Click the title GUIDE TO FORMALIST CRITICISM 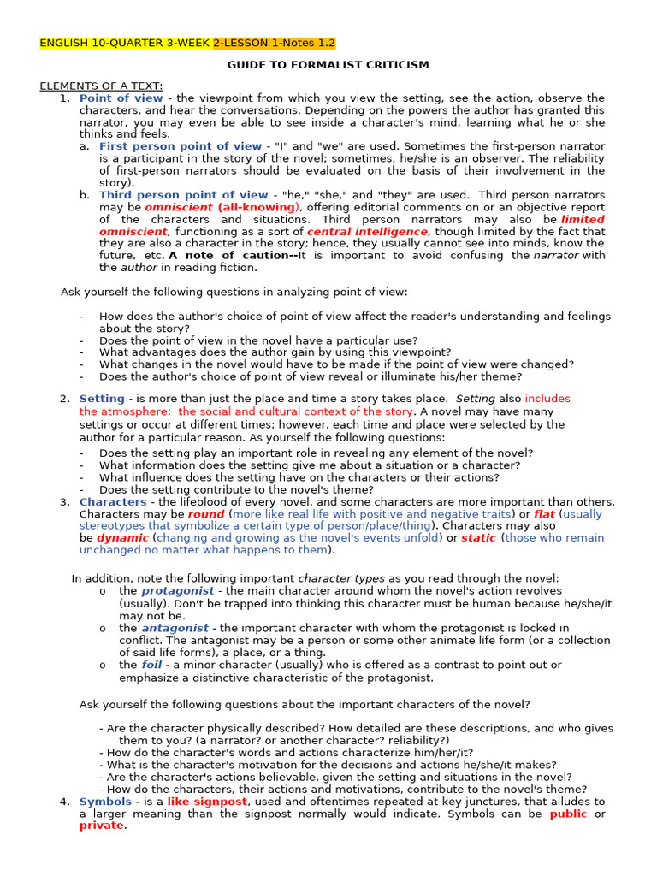[x=328, y=65]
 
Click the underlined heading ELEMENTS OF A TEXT [x=101, y=86]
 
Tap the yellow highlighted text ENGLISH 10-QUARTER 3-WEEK [x=125, y=43]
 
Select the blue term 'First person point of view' [x=181, y=146]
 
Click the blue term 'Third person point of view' [x=184, y=195]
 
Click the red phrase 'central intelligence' [x=368, y=231]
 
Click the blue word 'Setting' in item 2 [x=102, y=399]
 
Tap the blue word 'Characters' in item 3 [x=113, y=501]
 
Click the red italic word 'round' [x=206, y=514]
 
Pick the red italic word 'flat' [x=544, y=514]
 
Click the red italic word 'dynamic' [x=122, y=538]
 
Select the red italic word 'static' [x=478, y=538]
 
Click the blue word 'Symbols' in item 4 [x=105, y=802]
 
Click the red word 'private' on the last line [x=102, y=826]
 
